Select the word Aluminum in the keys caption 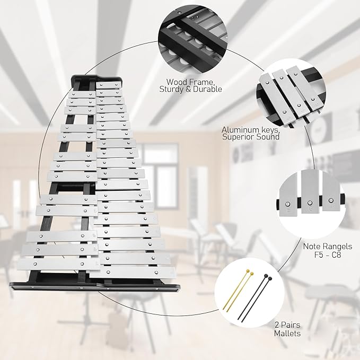point(240,130)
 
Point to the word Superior point(238,137)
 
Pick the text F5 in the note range point(319,254)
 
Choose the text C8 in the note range point(337,254)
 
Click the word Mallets point(287,333)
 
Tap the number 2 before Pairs point(277,325)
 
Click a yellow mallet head point(248,271)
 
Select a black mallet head point(266,276)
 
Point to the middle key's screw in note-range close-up point(310,203)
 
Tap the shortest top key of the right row point(108,85)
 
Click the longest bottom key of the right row point(132,273)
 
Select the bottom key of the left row point(58,264)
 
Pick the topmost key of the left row point(82,94)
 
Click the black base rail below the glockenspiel point(94,287)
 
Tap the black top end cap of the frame point(96,78)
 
